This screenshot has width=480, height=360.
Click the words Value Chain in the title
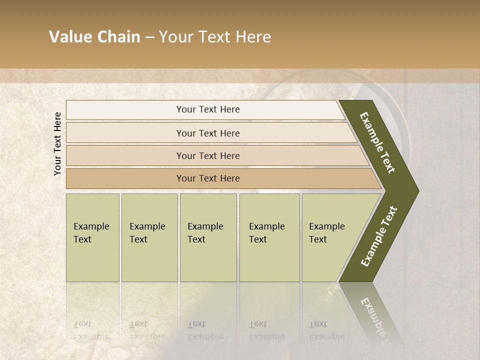click(x=94, y=37)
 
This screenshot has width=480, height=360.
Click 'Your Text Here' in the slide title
click(x=215, y=37)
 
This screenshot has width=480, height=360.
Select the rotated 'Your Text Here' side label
click(x=57, y=143)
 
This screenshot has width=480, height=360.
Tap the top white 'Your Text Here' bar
click(x=208, y=109)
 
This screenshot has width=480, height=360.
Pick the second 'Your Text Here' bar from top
click(x=208, y=133)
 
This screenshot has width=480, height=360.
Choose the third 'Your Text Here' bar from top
click(x=208, y=155)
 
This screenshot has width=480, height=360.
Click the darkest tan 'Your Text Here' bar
click(x=208, y=178)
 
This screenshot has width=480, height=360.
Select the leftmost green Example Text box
click(x=92, y=237)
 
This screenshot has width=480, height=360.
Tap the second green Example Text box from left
click(x=149, y=237)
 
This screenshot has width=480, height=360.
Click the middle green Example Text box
click(x=208, y=237)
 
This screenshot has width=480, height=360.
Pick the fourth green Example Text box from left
click(x=269, y=237)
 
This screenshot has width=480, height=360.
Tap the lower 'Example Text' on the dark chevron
click(x=379, y=236)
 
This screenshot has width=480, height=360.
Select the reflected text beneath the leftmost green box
click(x=91, y=330)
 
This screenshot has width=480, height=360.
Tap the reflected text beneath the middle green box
click(x=205, y=330)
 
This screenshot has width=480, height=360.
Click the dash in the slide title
click(x=149, y=37)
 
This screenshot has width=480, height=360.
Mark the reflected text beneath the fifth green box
click(x=326, y=330)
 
